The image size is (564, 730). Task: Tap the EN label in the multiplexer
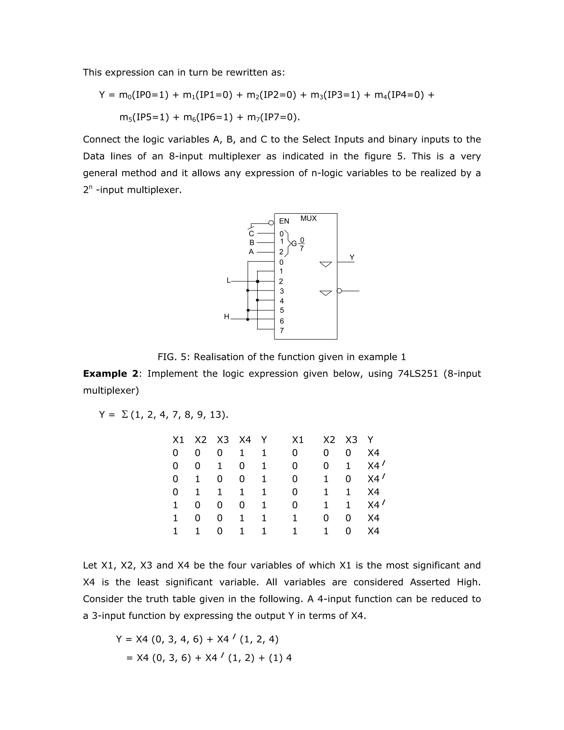[284, 221]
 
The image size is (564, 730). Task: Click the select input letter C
[251, 234]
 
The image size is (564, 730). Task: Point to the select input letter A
[251, 252]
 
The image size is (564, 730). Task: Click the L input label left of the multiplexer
[229, 280]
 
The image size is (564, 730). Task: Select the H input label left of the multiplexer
[227, 317]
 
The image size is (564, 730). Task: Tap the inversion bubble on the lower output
[340, 291]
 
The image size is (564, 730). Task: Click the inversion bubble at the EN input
[271, 223]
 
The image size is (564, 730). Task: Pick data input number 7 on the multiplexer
[282, 331]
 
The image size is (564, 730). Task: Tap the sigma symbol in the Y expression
[125, 415]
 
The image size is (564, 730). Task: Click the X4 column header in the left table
[245, 440]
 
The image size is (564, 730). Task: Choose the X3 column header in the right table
[351, 440]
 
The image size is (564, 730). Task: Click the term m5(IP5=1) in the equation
[144, 117]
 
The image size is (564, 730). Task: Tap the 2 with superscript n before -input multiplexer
[87, 190]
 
